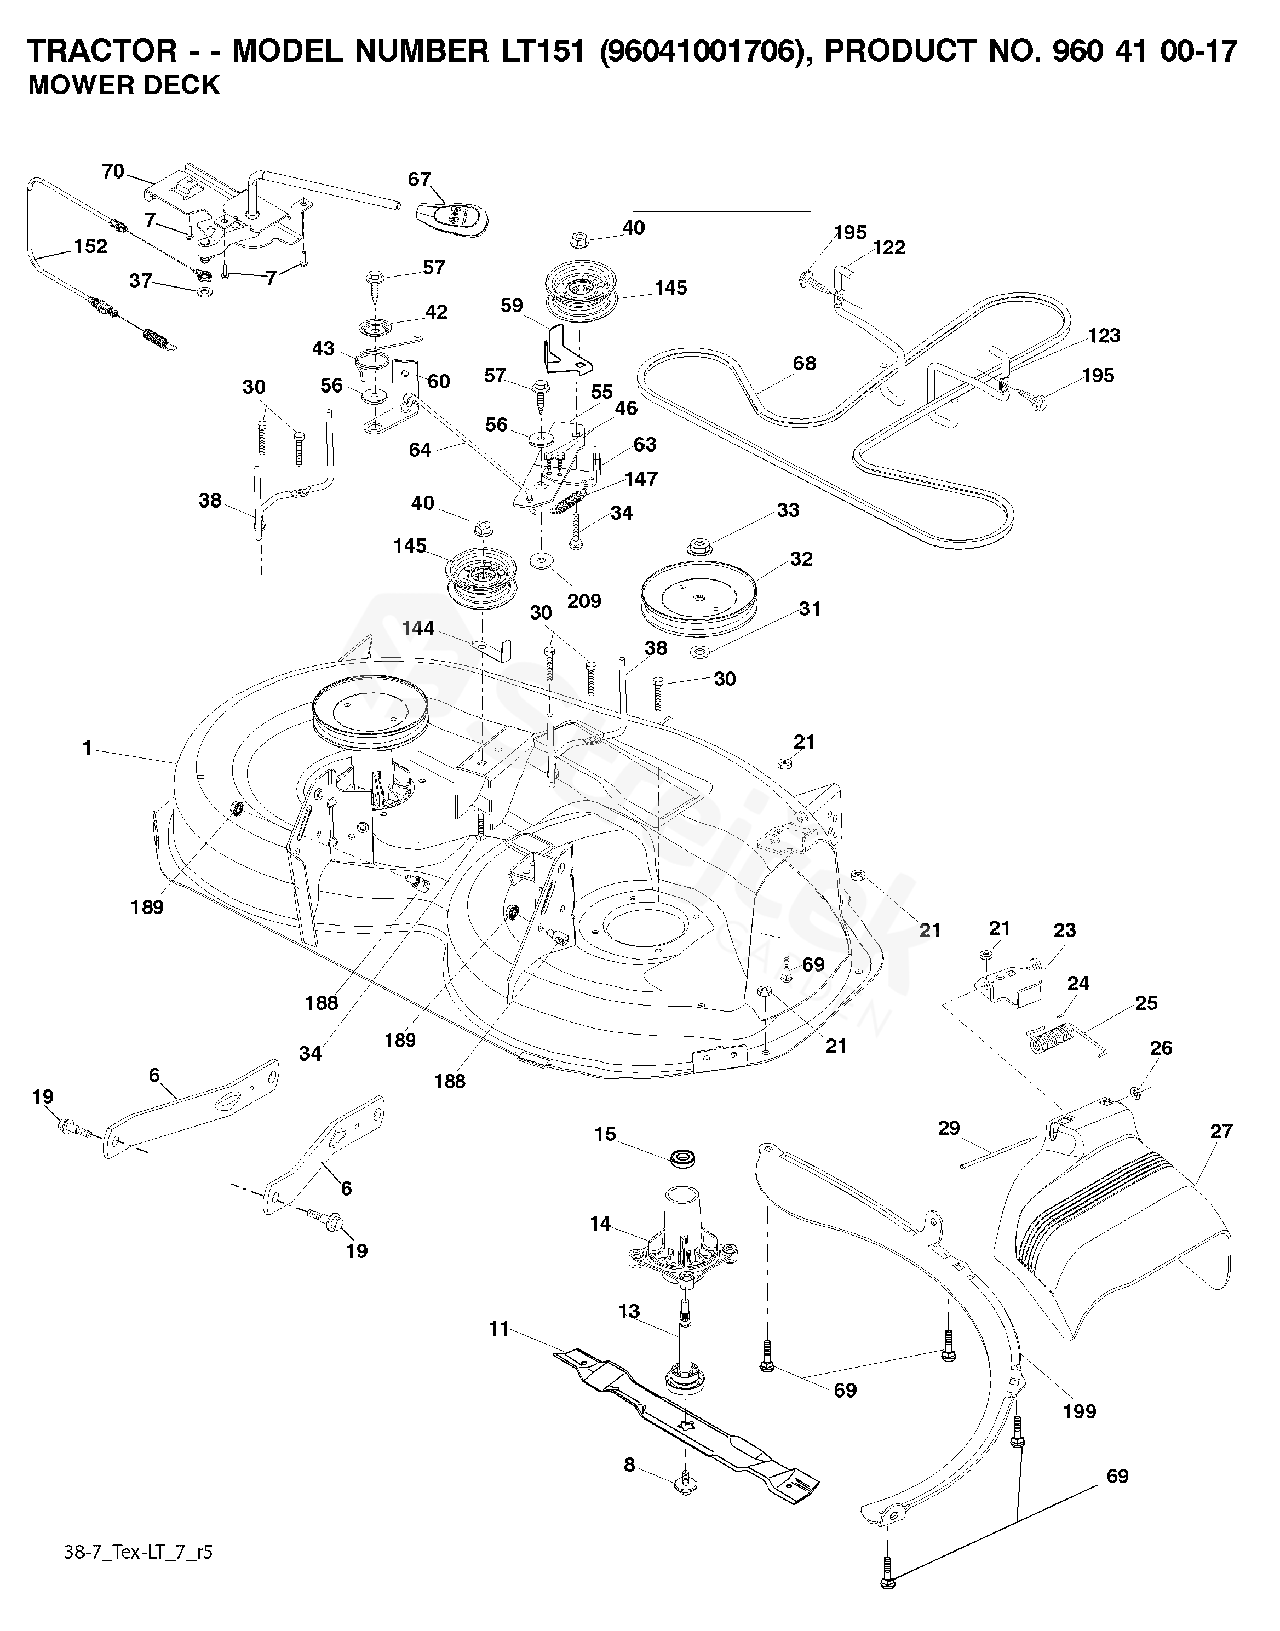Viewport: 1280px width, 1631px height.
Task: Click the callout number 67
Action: [x=420, y=180]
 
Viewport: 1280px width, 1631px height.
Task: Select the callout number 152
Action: [x=91, y=246]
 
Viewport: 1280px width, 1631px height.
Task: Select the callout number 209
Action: [x=584, y=601]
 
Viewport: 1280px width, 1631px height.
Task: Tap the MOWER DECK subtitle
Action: [x=124, y=85]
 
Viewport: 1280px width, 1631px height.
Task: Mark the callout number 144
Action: [x=417, y=629]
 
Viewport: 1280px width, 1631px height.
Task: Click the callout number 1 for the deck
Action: [x=87, y=748]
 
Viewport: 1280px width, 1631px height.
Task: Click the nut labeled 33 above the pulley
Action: [x=700, y=544]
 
